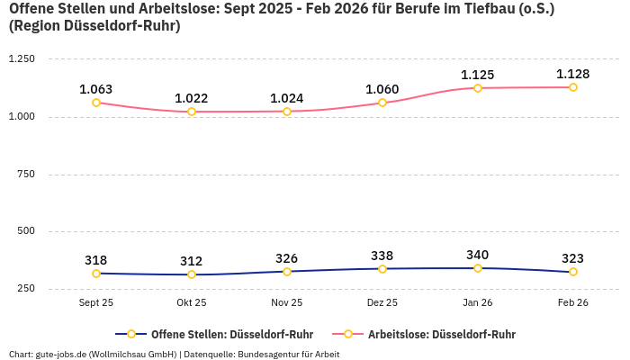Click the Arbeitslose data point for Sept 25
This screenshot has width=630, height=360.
click(96, 103)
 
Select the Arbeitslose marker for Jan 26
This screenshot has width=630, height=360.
click(478, 88)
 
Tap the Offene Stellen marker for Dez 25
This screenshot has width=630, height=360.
click(382, 269)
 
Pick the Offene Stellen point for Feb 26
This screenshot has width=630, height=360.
click(573, 272)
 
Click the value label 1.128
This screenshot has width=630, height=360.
click(573, 74)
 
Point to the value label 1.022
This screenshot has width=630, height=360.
click(192, 98)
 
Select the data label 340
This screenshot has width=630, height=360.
click(478, 255)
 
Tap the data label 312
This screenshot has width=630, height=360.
click(192, 261)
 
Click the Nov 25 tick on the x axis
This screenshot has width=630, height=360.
click(287, 303)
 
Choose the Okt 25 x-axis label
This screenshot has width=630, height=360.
click(192, 303)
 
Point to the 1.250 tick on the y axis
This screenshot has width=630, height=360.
click(21, 59)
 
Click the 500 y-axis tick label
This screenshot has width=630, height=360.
click(25, 231)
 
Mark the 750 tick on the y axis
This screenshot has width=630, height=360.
click(25, 174)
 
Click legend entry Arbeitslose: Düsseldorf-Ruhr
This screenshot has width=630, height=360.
click(441, 334)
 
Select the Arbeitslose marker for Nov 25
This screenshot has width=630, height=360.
click(287, 112)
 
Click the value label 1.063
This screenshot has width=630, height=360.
click(96, 89)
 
